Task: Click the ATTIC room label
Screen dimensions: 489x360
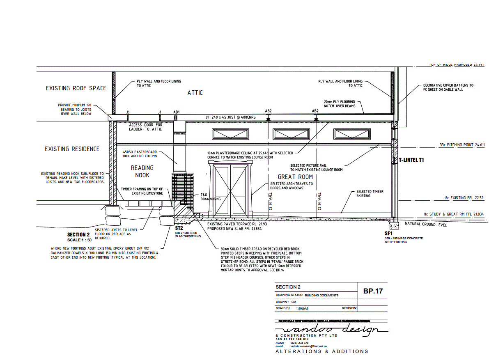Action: [195, 93]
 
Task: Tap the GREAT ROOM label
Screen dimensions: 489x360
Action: [292, 177]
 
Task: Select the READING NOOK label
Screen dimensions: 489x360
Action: [142, 171]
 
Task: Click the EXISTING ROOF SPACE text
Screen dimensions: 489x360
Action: [76, 88]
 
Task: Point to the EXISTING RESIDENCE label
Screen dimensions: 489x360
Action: [72, 149]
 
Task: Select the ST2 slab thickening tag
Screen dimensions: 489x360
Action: [179, 228]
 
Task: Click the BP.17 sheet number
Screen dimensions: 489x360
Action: [373, 291]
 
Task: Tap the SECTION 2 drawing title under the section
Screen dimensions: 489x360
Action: [78, 234]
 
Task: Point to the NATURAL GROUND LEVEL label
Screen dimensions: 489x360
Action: [425, 224]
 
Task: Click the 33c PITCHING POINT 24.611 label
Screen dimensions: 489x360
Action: [462, 145]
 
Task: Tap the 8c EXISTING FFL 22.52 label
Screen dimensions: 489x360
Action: [464, 198]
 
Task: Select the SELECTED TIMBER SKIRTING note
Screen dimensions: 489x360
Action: [370, 193]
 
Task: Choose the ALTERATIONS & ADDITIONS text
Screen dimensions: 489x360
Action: [322, 351]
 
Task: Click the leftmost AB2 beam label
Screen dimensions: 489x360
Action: [269, 111]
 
